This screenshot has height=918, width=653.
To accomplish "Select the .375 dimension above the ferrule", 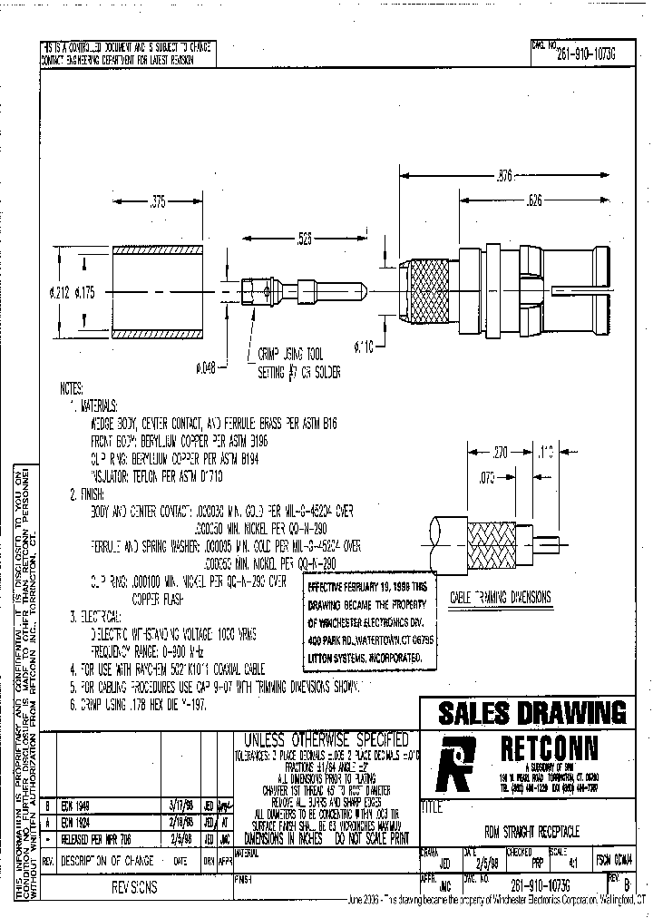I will (158, 204).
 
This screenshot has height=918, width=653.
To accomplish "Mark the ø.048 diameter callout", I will (208, 367).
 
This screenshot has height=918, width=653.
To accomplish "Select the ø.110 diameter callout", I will (364, 347).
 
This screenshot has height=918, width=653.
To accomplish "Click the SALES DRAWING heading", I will (532, 713).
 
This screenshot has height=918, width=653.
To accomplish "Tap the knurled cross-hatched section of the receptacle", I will (424, 290).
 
